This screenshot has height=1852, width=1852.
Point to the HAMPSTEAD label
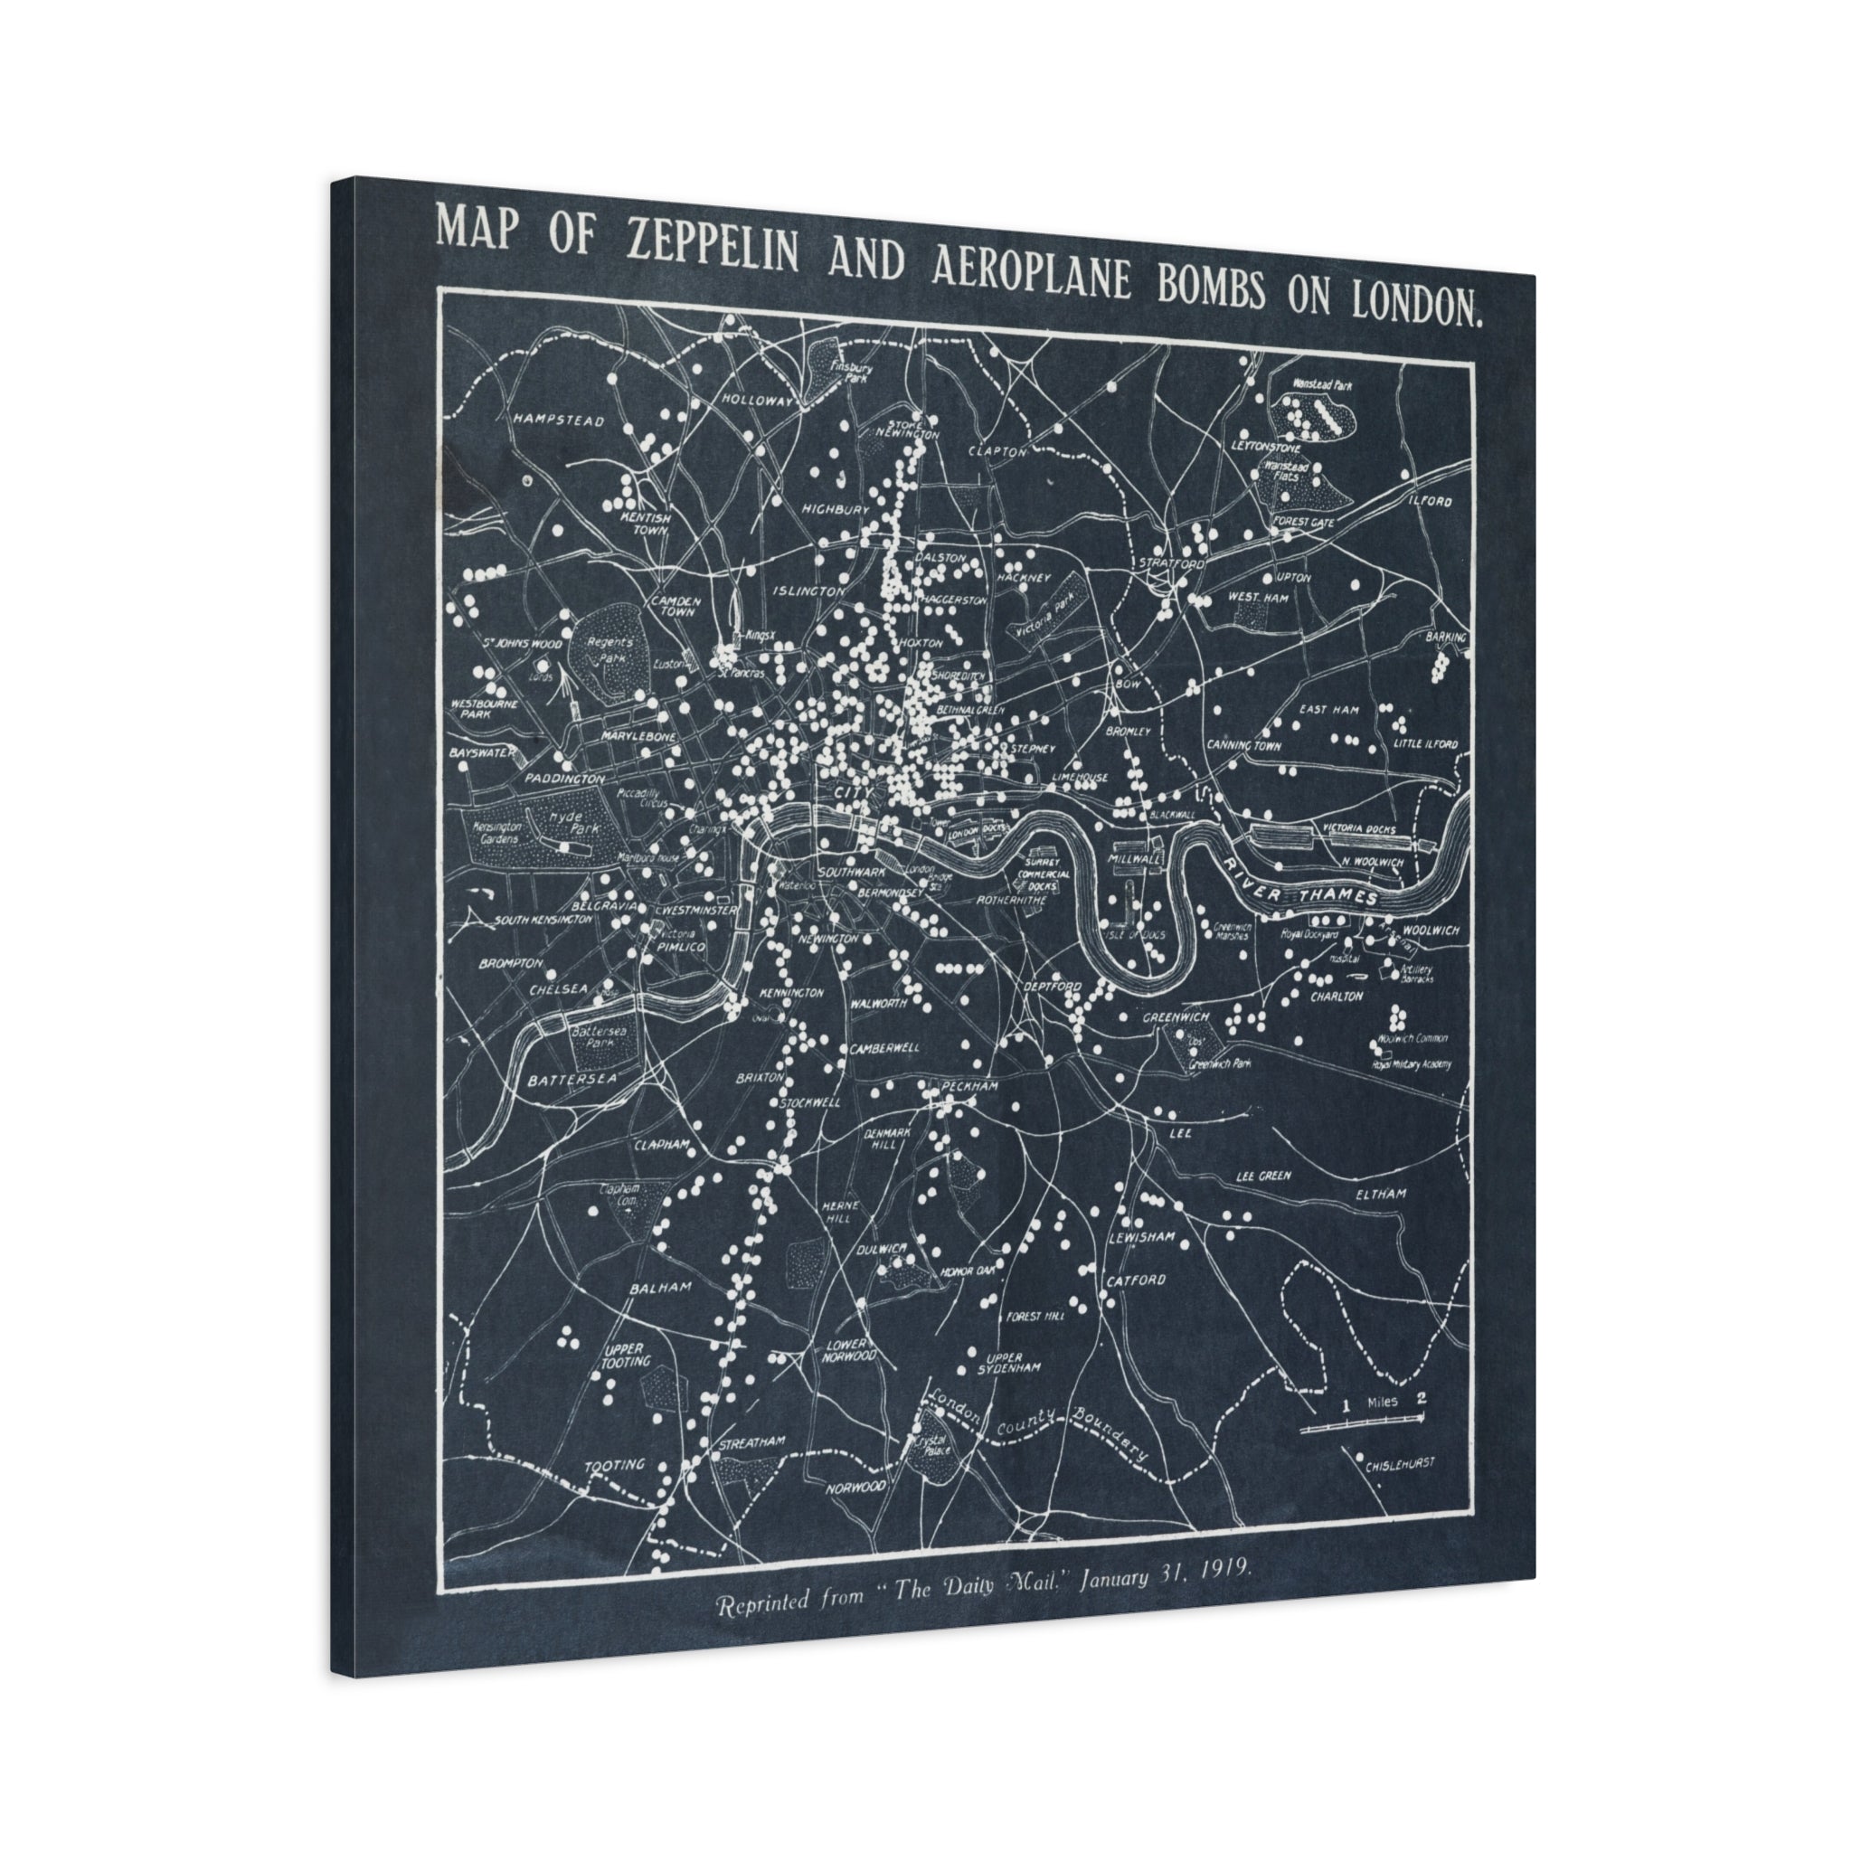click(558, 420)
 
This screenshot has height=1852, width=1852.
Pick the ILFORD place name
click(1431, 500)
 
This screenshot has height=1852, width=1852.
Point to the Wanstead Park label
click(1321, 384)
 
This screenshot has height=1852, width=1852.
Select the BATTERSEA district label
click(572, 1080)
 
